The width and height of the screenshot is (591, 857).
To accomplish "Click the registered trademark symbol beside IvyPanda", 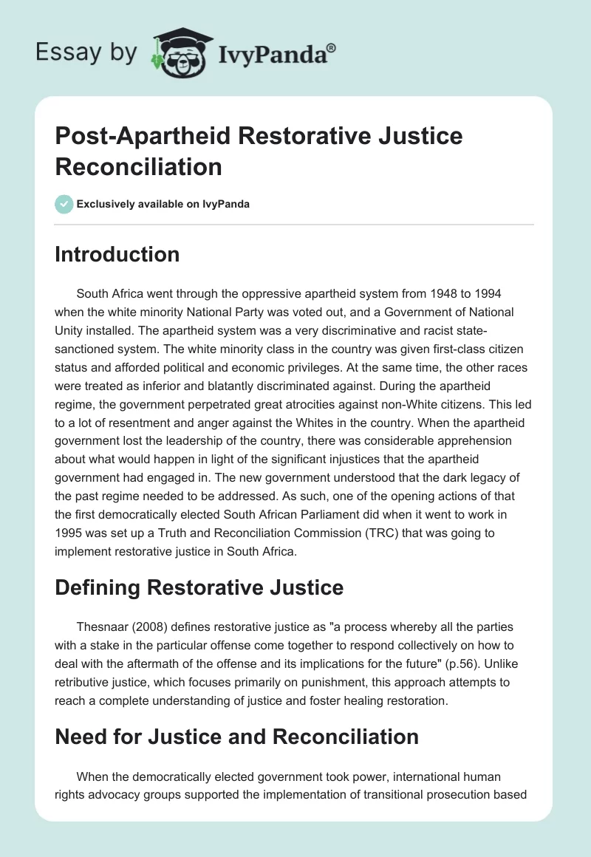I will click(x=332, y=48).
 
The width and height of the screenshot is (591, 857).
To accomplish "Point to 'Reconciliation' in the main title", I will click(x=139, y=166).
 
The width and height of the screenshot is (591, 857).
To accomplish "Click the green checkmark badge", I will click(x=64, y=204).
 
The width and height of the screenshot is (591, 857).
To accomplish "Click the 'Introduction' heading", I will click(x=117, y=254).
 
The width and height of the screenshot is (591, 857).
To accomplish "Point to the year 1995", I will click(x=71, y=530).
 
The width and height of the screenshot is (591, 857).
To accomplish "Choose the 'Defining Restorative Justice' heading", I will click(x=199, y=587).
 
